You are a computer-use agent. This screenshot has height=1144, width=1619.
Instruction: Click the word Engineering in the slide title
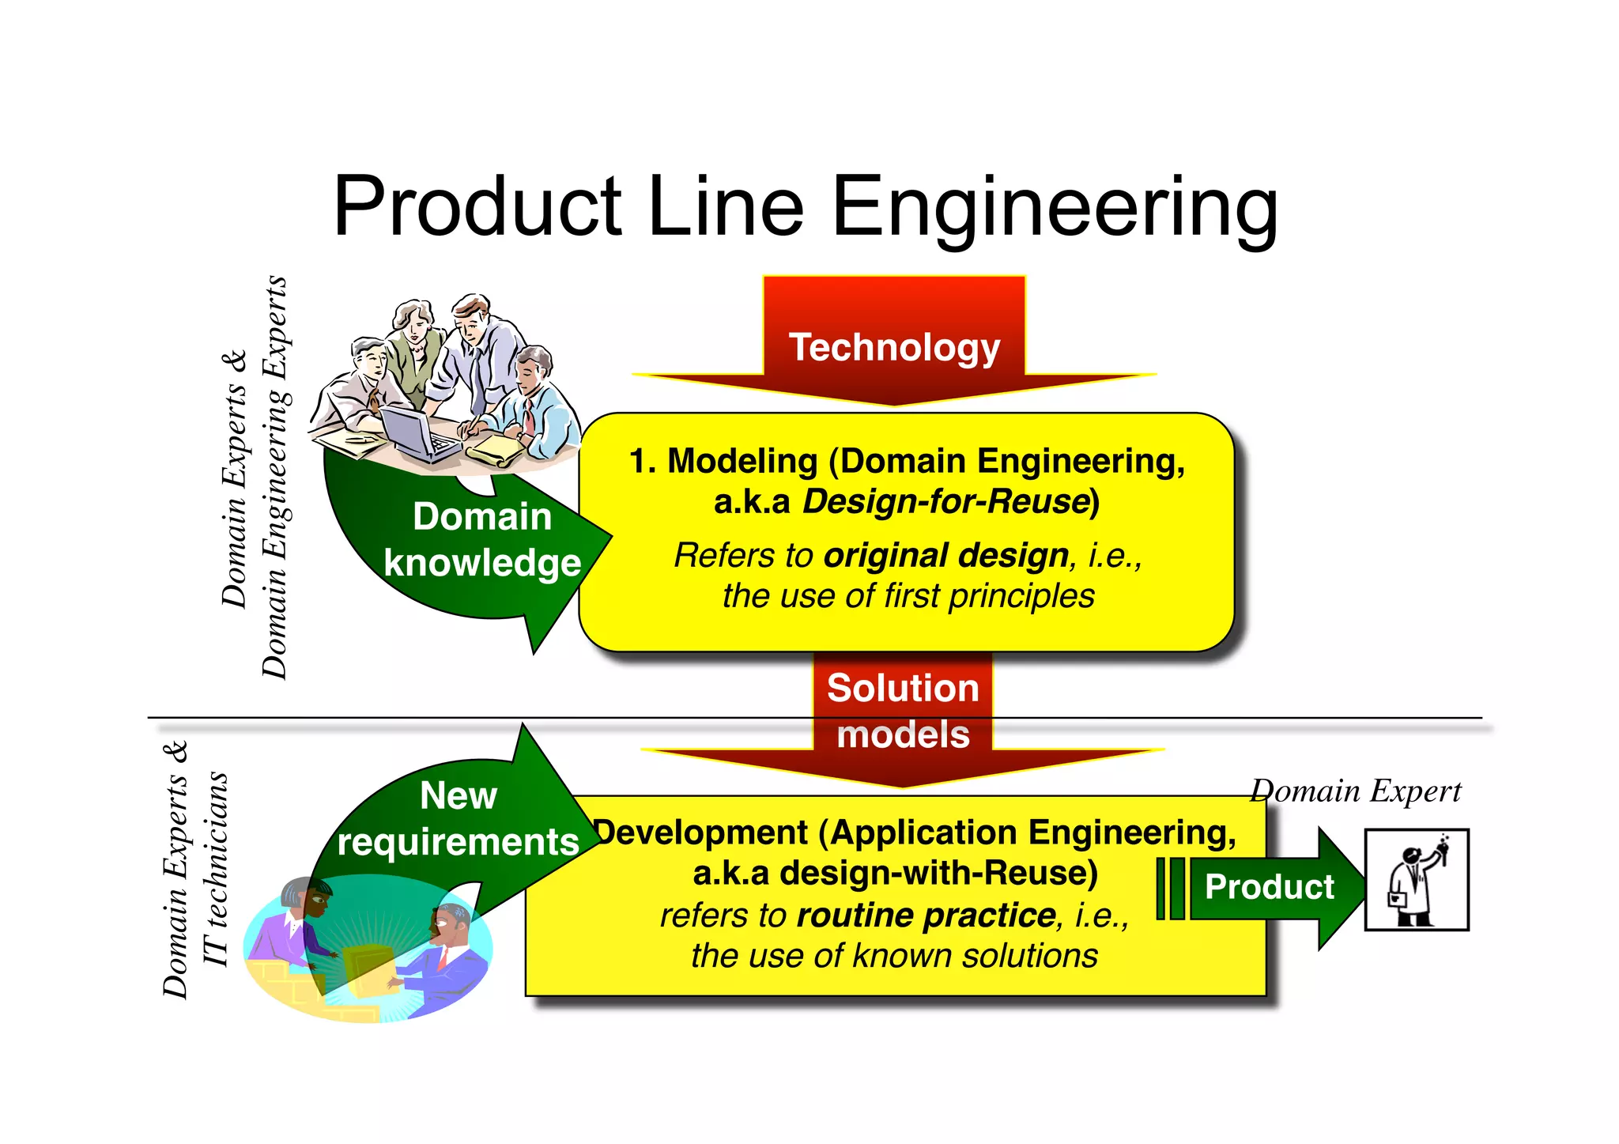[1055, 207]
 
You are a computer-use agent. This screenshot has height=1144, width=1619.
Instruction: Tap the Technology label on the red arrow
[894, 347]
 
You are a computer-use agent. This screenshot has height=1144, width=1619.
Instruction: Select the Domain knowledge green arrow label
[481, 540]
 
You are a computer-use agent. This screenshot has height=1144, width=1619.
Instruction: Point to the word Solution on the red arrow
[903, 688]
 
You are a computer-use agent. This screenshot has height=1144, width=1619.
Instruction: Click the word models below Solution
[903, 734]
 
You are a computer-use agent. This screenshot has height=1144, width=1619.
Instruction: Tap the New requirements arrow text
[458, 818]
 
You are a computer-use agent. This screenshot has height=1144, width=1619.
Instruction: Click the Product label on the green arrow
[1269, 886]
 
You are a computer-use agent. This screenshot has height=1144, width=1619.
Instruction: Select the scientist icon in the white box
[1416, 880]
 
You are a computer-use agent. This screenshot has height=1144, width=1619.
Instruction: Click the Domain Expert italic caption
[1356, 791]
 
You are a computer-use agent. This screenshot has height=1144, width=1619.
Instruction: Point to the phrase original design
[945, 555]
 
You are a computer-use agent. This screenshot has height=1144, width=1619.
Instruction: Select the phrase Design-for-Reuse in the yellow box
[946, 501]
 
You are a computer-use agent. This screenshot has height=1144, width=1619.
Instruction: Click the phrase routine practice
[926, 916]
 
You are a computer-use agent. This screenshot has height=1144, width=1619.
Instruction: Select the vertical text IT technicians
[216, 870]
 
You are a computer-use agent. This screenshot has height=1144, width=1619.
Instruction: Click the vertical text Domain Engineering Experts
[275, 478]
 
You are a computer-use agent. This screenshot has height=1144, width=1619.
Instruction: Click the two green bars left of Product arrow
[1170, 888]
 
